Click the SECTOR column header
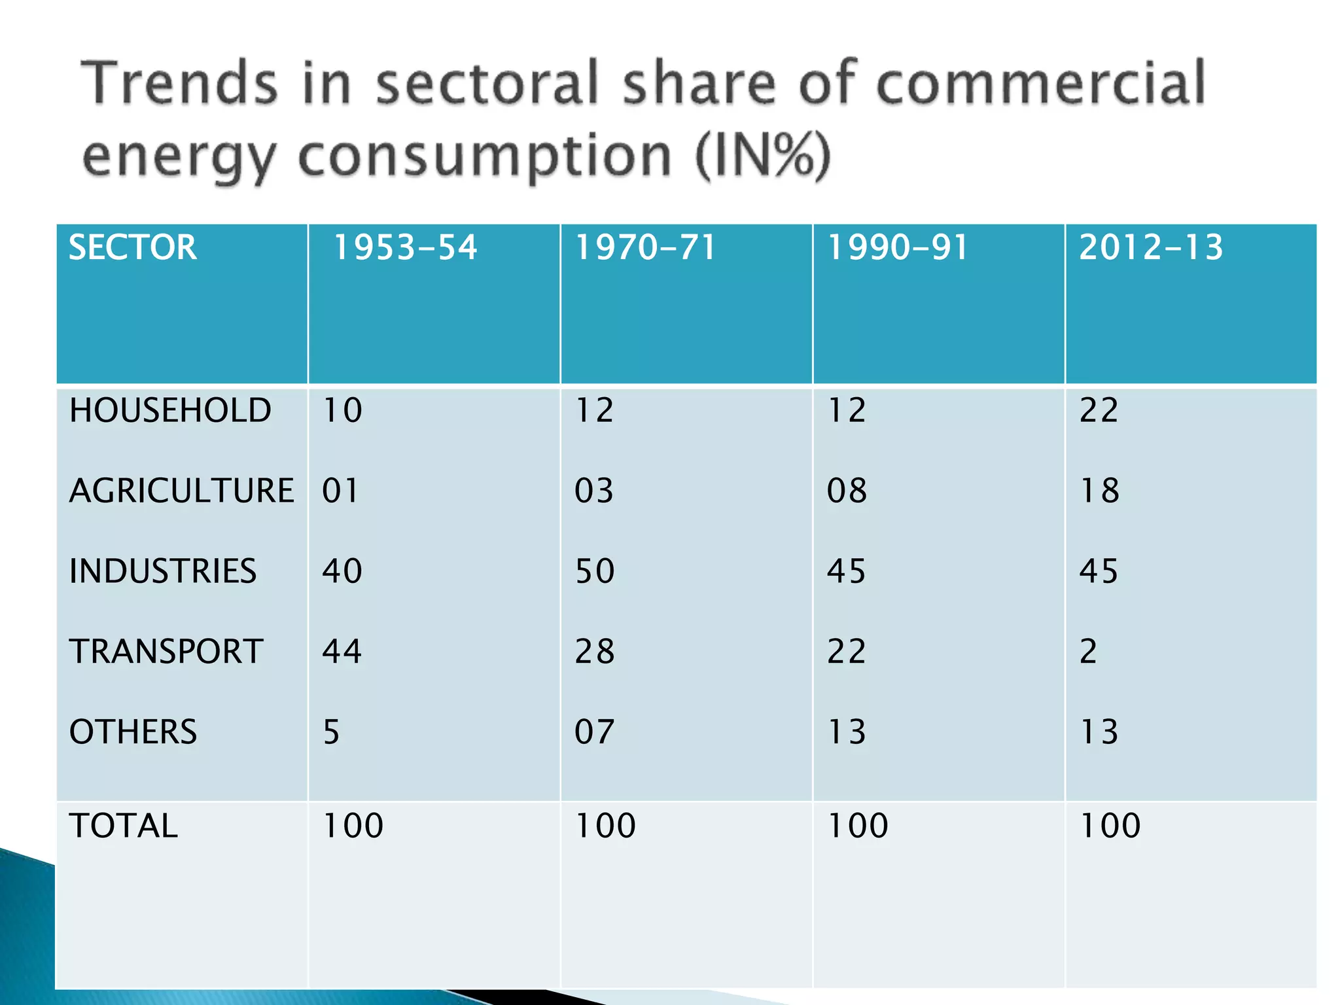click(x=133, y=248)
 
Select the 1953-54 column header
click(x=406, y=248)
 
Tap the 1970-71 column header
click(x=646, y=248)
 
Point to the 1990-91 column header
click(x=898, y=248)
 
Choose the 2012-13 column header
click(x=1151, y=248)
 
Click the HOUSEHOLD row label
click(x=170, y=411)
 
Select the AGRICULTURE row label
click(x=182, y=491)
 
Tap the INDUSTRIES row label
click(x=163, y=571)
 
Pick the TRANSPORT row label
click(x=166, y=652)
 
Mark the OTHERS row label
click(x=133, y=732)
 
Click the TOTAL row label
click(x=124, y=826)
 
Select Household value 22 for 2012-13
click(x=1099, y=411)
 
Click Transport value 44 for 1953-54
click(x=342, y=652)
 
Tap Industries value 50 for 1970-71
click(x=594, y=571)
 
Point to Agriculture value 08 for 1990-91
click(x=847, y=491)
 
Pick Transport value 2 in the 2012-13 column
click(x=1088, y=652)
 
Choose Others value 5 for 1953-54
click(x=331, y=732)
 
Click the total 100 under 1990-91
click(x=858, y=826)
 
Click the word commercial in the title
click(x=1040, y=84)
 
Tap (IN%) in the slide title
click(x=763, y=157)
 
